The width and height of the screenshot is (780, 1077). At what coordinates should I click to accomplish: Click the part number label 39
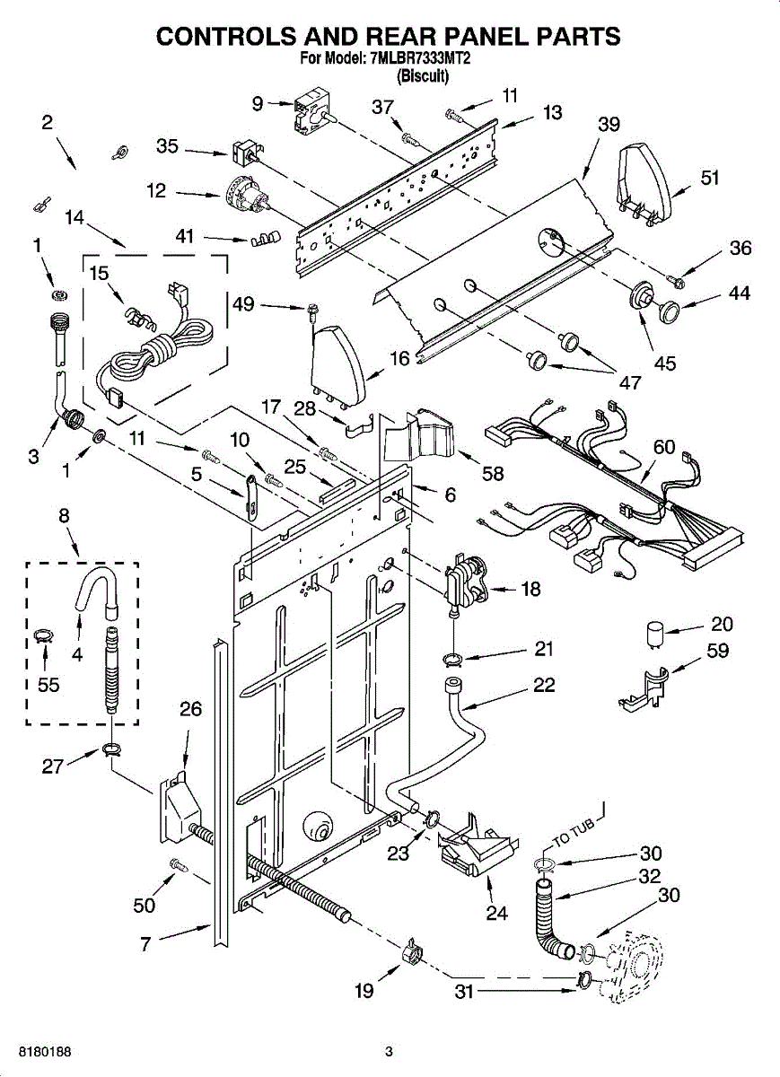609,125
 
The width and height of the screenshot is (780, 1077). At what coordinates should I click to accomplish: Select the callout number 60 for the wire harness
664,447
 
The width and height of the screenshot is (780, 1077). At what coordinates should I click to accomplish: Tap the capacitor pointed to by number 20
653,634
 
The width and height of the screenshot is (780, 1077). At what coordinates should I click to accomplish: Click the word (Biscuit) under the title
423,75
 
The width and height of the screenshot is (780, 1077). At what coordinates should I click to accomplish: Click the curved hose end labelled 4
96,590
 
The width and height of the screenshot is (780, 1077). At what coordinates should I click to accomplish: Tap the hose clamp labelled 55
44,636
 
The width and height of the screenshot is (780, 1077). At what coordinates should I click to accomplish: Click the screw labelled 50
179,864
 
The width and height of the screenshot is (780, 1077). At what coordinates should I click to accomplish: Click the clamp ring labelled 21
453,660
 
